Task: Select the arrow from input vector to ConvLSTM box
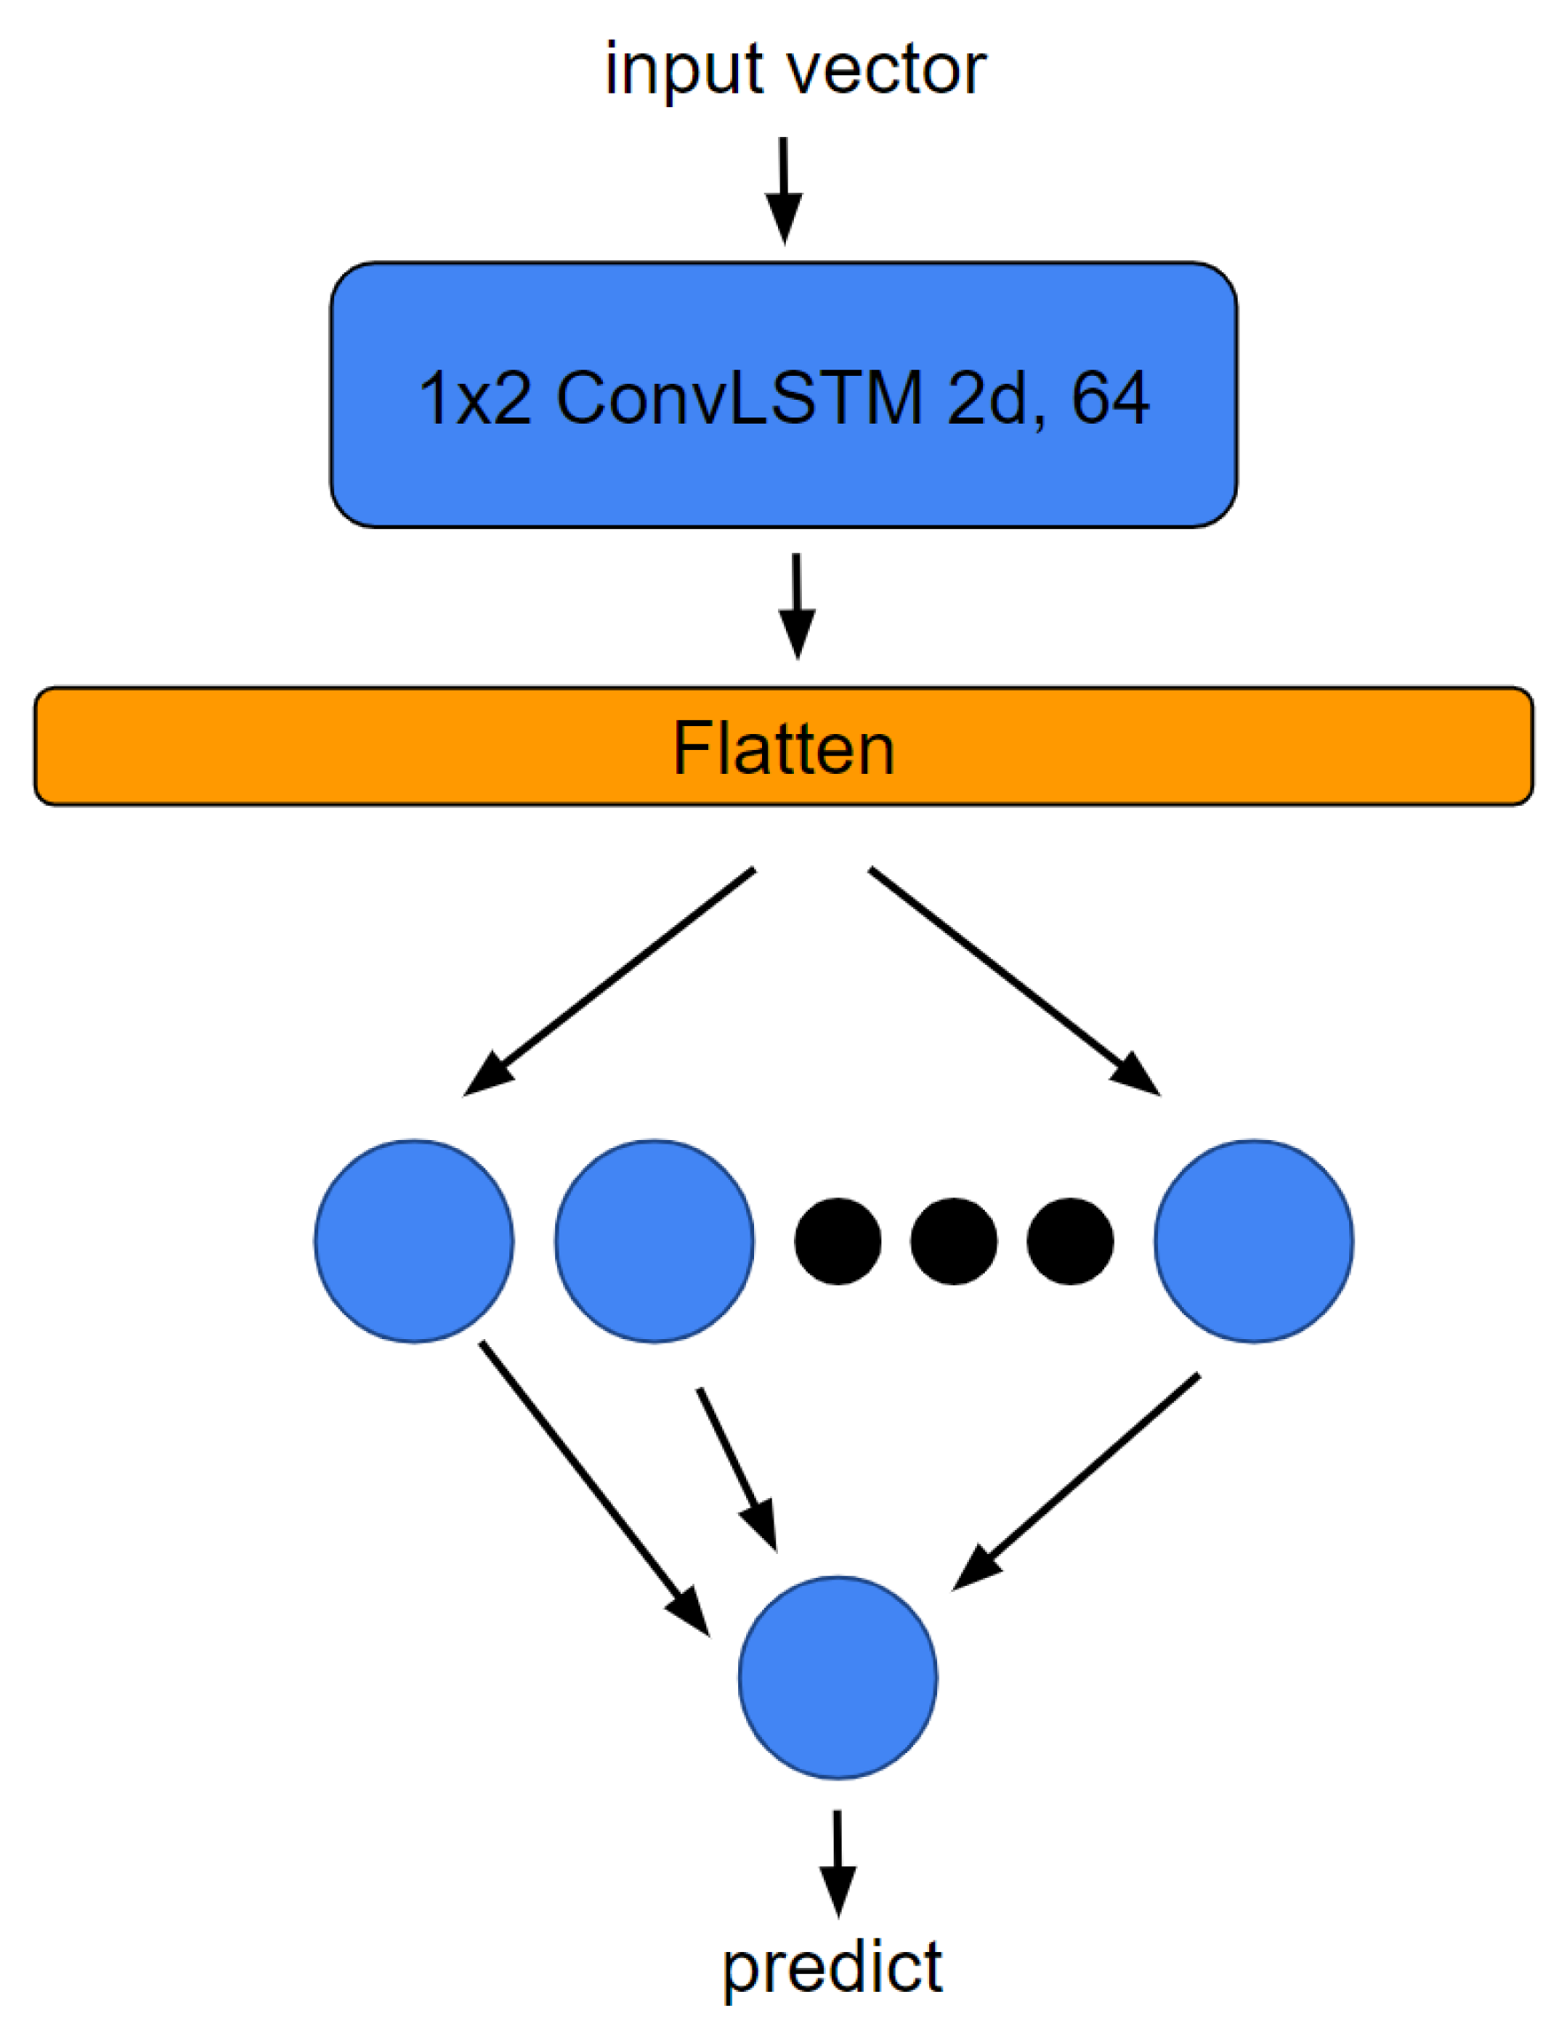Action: pos(783,190)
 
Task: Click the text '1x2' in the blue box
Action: pos(476,398)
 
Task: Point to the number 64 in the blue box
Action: pos(1109,398)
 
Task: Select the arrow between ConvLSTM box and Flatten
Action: pos(797,605)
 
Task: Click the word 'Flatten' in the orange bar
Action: pos(783,748)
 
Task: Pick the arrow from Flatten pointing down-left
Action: pos(609,981)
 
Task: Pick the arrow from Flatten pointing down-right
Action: pos(1014,981)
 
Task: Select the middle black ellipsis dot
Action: pos(954,1242)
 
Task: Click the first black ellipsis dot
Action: pos(837,1242)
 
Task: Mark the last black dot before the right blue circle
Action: pos(1070,1242)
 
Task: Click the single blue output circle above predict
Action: pos(837,1677)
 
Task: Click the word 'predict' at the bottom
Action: pos(833,1968)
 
